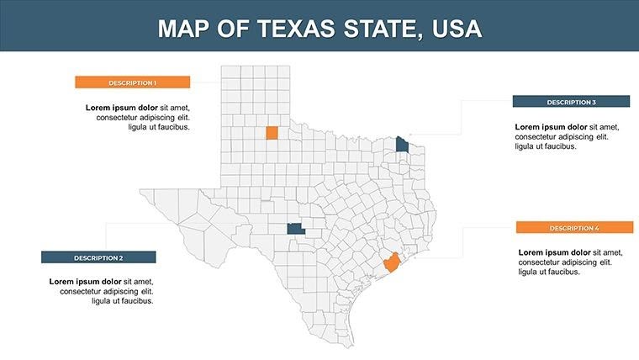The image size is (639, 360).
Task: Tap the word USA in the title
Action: click(457, 29)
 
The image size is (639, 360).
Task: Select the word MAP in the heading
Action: click(185, 29)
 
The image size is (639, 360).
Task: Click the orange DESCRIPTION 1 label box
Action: click(132, 82)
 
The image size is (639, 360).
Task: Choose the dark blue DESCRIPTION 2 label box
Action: click(98, 257)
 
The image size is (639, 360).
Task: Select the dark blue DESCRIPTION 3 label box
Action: click(571, 102)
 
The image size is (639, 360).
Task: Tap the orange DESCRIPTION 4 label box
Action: click(574, 228)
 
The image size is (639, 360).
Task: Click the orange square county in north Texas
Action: click(272, 133)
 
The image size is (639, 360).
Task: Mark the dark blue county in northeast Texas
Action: click(403, 144)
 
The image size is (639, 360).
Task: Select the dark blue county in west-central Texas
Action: click(294, 228)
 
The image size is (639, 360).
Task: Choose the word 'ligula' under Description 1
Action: click(140, 128)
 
